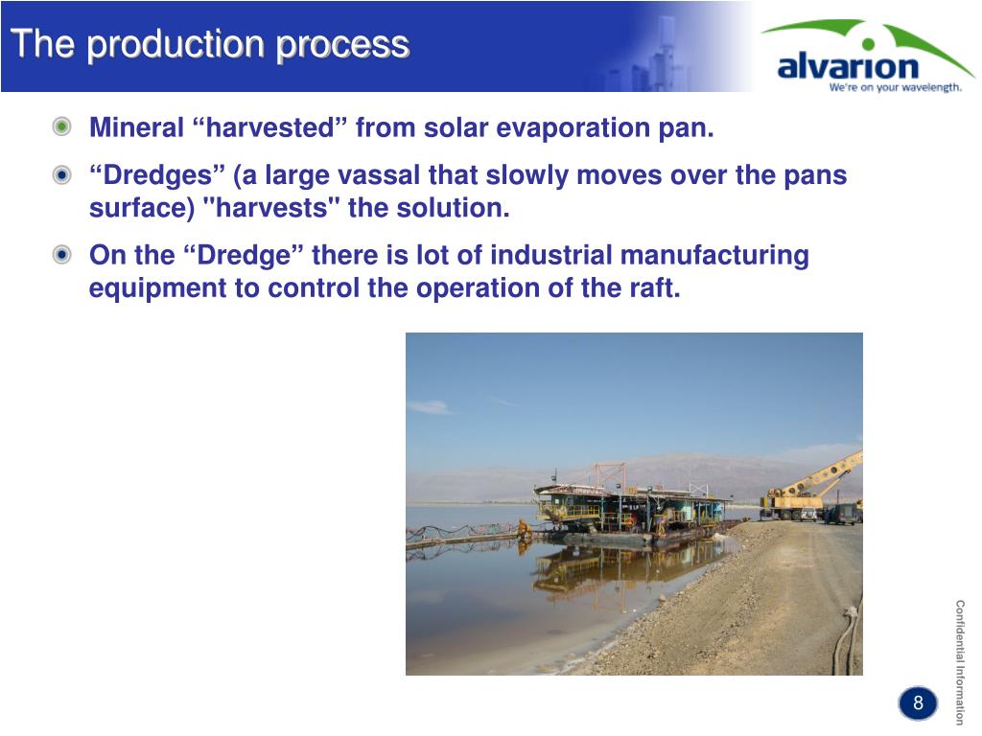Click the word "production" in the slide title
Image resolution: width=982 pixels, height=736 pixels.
(x=176, y=46)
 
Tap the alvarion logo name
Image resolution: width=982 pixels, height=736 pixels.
(x=848, y=66)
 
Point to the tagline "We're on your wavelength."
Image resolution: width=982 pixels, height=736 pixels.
(x=895, y=87)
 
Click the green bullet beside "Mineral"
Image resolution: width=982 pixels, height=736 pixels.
(x=61, y=127)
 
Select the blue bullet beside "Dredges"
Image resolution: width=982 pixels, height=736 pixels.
(x=61, y=174)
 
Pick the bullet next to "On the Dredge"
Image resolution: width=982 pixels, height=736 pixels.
(x=61, y=255)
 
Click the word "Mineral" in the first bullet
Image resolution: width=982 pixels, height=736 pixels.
(x=136, y=127)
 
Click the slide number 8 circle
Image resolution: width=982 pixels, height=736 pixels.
(x=918, y=702)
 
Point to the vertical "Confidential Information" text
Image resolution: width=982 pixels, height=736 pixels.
(x=960, y=662)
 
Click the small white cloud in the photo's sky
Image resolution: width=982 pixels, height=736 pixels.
(x=429, y=407)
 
